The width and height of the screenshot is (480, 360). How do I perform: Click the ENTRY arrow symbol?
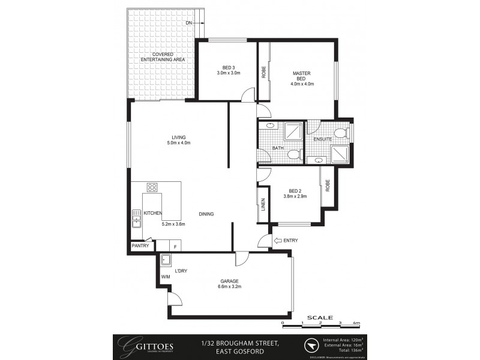coord(277,241)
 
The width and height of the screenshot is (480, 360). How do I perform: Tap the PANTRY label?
coord(140,246)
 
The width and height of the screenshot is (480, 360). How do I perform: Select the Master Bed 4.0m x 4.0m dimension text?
coord(301,84)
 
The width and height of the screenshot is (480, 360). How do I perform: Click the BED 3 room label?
coord(228,67)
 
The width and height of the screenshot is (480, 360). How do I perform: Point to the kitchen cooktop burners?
coord(152,187)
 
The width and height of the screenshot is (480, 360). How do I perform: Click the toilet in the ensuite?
coord(340,133)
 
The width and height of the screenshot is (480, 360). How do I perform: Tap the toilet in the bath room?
coord(293,155)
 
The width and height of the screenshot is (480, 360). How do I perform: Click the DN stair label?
coord(188,23)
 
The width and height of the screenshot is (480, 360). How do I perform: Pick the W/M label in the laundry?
coord(166,277)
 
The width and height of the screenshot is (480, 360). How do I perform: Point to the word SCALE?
coord(319,317)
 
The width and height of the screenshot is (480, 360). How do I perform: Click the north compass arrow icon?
coord(311,346)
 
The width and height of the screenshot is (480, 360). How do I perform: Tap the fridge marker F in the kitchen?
coord(176,246)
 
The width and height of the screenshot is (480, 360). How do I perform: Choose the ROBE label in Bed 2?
coord(328,187)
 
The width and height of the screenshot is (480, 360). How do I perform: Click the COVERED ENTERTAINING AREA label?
coord(163,58)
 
